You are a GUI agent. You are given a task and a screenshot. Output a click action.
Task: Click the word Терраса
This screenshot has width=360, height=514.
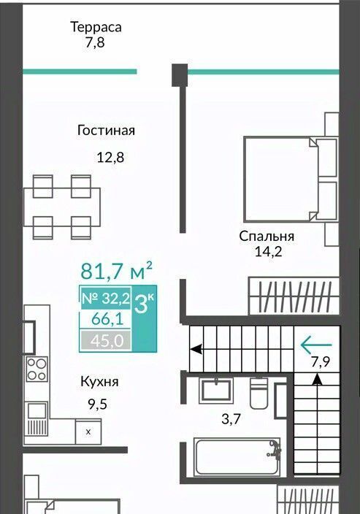[x=96, y=27]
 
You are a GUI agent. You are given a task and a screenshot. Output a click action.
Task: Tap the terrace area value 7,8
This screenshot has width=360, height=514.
[x=95, y=43]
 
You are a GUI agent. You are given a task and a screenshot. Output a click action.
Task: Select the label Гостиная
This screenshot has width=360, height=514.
[x=106, y=130]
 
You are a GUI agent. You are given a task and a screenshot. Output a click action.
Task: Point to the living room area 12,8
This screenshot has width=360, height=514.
[x=110, y=158]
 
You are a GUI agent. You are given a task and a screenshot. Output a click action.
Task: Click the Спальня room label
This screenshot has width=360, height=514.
[x=267, y=237]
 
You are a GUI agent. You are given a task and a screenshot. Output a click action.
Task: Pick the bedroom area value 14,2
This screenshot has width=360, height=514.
[x=268, y=252]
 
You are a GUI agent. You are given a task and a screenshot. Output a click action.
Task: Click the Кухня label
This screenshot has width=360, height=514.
[x=99, y=382]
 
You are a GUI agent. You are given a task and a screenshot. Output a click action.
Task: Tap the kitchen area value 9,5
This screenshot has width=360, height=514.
[x=97, y=404]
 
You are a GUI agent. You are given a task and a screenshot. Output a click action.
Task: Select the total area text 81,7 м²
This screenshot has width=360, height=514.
[x=116, y=271]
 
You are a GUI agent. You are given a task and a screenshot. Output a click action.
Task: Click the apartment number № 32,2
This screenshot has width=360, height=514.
[x=106, y=299]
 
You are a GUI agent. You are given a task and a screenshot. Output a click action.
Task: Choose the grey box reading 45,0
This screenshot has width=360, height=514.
[x=106, y=340]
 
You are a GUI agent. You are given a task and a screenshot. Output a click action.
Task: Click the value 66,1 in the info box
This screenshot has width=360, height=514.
[x=107, y=319]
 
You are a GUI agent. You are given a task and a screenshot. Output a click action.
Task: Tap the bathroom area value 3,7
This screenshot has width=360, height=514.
[x=231, y=419]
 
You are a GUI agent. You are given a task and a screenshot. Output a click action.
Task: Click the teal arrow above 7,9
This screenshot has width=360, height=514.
[x=316, y=345]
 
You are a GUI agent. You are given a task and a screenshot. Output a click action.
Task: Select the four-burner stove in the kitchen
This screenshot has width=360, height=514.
[x=37, y=369]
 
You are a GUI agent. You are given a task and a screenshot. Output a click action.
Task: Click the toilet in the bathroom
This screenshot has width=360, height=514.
[x=259, y=394]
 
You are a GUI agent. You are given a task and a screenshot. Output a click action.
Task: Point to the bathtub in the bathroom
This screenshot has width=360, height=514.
[x=237, y=456]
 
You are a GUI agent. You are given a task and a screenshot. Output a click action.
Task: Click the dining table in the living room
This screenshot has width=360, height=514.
[x=61, y=207]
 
